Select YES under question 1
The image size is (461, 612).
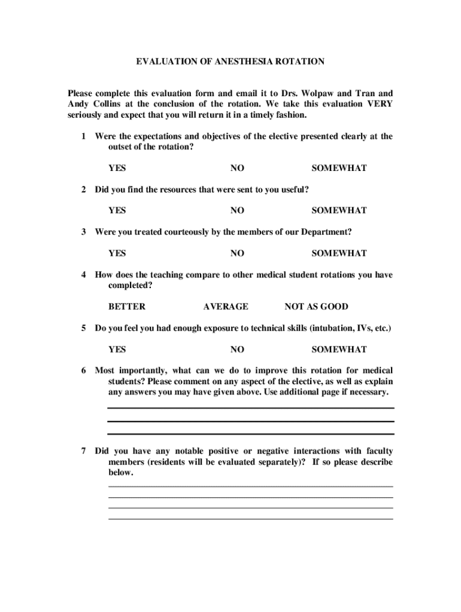click(x=117, y=169)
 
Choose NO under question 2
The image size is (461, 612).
click(x=237, y=211)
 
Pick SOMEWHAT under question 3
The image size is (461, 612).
click(x=339, y=253)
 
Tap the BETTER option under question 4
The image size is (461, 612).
click(x=126, y=307)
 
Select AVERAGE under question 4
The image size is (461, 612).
click(x=225, y=307)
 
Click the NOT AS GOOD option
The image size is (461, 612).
click(x=316, y=307)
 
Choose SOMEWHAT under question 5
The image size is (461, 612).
click(x=339, y=350)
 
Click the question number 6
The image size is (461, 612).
click(x=84, y=371)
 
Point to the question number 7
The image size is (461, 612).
click(x=84, y=451)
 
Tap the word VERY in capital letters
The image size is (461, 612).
click(x=380, y=104)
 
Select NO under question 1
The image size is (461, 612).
click(x=237, y=169)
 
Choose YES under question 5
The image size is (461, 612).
click(x=117, y=350)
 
